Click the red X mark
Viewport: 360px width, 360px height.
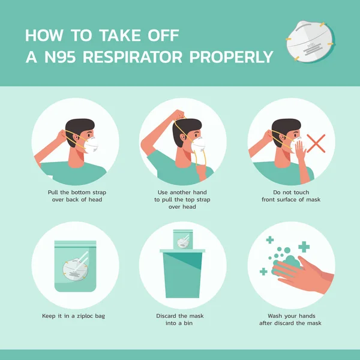(316, 144)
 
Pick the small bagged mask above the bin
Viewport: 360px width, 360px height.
(182, 239)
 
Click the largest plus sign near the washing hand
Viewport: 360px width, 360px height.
(304, 247)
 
